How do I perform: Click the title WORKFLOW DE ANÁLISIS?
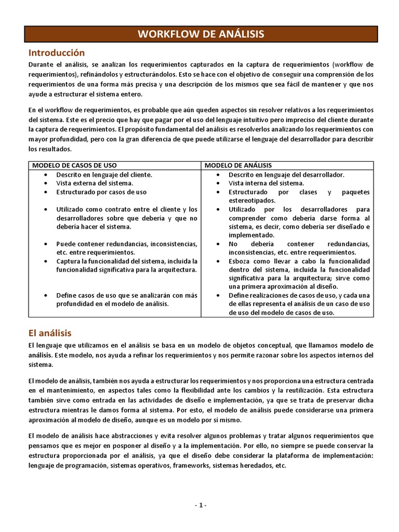coord(201,34)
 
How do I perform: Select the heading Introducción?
coord(56,53)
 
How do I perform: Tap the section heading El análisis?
coord(50,332)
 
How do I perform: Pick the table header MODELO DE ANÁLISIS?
coord(238,165)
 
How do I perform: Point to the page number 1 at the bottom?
coord(200,506)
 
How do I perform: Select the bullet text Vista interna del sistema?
coord(266,183)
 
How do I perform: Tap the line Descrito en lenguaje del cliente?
coord(104,175)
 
